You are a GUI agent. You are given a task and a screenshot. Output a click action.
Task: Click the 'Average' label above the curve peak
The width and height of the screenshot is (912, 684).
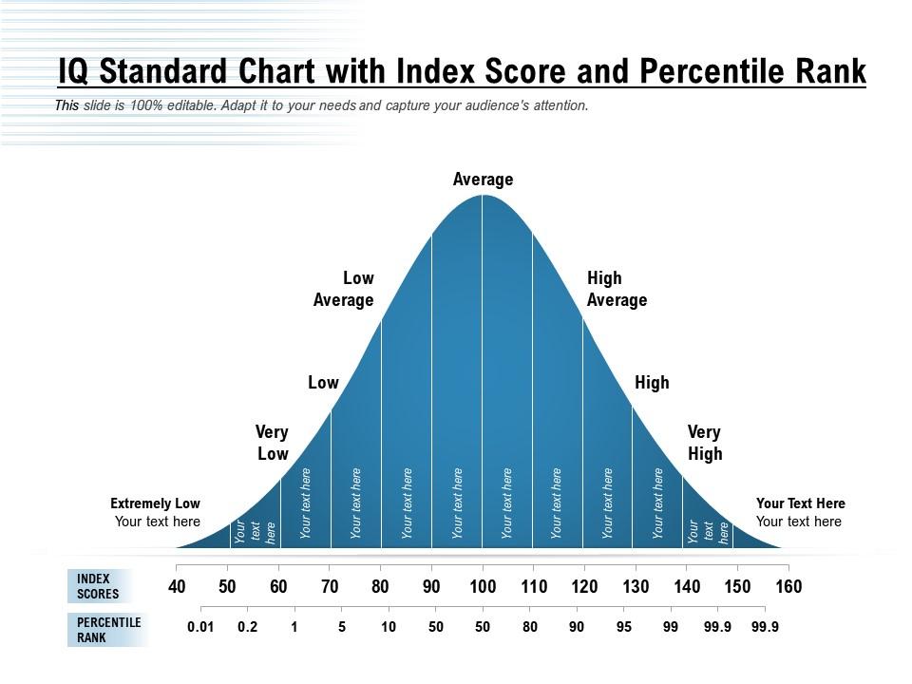[483, 180]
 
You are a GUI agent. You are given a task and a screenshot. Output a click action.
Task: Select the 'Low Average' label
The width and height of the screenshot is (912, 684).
[344, 289]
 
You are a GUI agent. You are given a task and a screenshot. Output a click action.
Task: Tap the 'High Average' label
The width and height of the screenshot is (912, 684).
[617, 289]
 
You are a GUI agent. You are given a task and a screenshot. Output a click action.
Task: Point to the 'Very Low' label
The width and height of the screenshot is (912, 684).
[272, 443]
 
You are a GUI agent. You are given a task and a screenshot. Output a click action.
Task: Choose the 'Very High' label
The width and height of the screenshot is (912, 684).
[705, 443]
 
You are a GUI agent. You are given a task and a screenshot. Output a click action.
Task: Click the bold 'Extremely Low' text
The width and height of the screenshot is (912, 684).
[155, 503]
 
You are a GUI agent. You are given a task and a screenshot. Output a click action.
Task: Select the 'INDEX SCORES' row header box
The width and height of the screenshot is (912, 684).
[100, 586]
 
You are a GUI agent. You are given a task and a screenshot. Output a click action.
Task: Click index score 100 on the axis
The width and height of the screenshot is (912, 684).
[483, 587]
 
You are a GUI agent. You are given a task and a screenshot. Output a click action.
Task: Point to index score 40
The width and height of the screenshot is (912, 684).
[177, 587]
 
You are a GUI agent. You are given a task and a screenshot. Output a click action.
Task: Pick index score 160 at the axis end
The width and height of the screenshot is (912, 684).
[788, 587]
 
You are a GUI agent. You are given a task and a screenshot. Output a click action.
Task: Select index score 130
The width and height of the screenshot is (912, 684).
[636, 587]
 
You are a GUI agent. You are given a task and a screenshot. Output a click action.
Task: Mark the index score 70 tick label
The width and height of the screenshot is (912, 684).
[330, 587]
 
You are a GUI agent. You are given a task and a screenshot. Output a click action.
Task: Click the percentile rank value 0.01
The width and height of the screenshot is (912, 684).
[200, 627]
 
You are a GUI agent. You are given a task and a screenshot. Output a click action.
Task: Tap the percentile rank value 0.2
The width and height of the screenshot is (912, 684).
[247, 627]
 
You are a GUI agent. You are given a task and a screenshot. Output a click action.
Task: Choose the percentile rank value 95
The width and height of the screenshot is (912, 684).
[624, 627]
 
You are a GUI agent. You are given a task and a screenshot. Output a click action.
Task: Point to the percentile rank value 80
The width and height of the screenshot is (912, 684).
[530, 627]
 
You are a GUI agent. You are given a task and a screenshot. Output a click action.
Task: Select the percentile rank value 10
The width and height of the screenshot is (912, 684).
[389, 627]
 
